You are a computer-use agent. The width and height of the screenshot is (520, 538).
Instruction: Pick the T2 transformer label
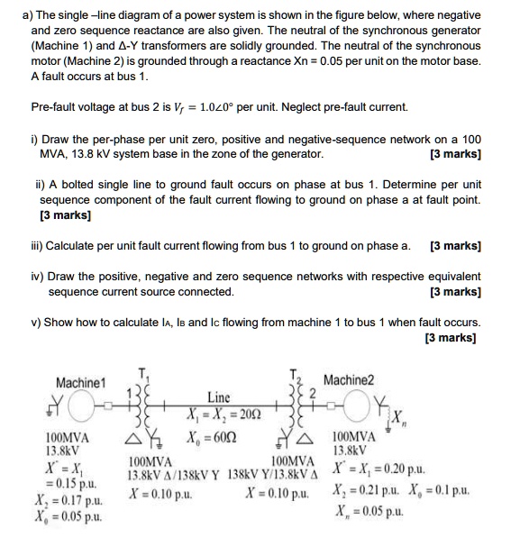294,375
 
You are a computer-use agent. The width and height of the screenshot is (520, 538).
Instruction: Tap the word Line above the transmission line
218,397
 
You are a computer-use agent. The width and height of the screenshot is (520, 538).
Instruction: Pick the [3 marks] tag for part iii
455,245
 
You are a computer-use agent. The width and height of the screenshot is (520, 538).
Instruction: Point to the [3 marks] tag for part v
455,339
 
